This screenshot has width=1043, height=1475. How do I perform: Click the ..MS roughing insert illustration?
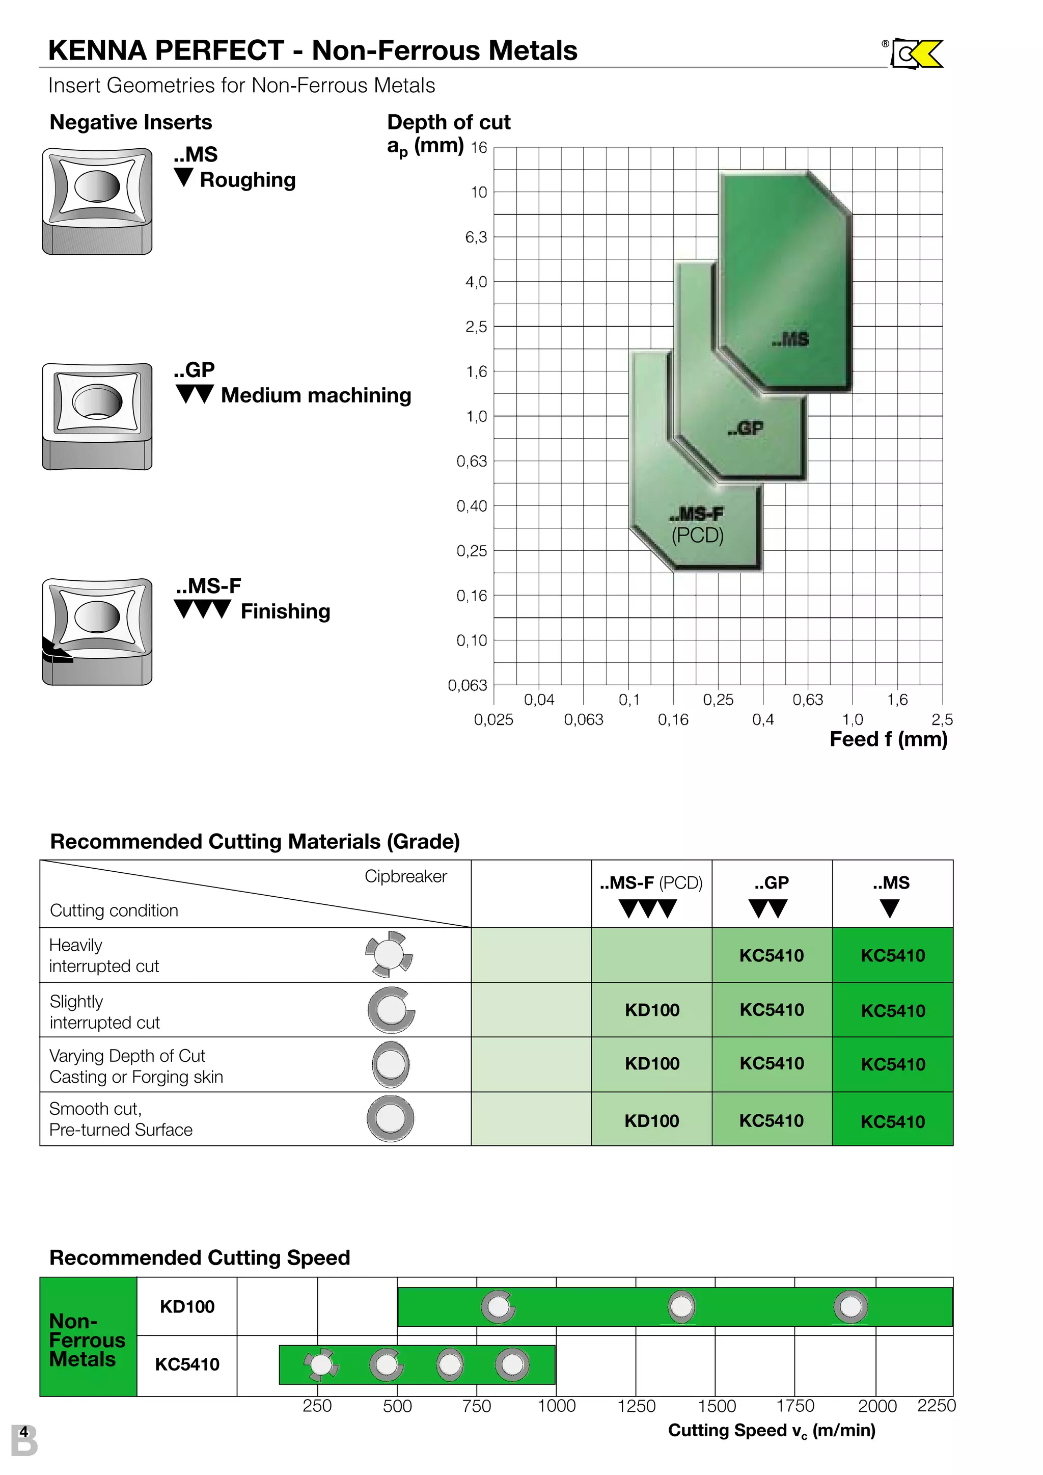(97, 201)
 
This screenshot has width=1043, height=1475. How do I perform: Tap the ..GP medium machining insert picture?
(97, 416)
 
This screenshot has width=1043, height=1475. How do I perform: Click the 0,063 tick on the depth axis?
(468, 685)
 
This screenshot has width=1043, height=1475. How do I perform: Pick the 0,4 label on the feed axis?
(763, 719)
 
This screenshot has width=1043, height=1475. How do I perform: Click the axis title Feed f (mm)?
(888, 739)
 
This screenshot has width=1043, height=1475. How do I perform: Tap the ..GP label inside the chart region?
(746, 428)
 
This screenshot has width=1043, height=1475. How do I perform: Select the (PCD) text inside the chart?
(698, 535)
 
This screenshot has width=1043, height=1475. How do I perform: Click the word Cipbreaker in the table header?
(405, 876)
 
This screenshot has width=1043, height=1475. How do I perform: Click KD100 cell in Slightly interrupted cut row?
(652, 1010)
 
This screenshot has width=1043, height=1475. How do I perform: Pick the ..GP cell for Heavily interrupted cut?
(772, 955)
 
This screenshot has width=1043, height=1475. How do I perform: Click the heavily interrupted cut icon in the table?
(389, 955)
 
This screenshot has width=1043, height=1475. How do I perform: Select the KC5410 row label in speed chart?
(187, 1364)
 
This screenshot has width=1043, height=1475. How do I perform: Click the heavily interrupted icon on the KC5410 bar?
(320, 1364)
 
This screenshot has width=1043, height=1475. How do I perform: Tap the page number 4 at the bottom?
(24, 1432)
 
